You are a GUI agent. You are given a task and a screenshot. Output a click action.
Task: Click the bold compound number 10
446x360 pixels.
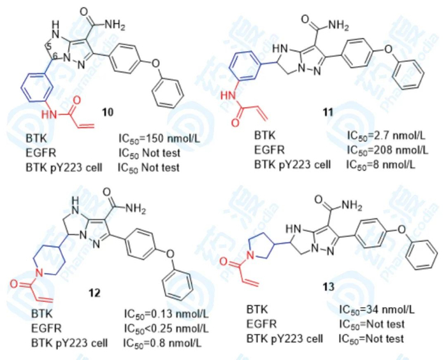[108, 113]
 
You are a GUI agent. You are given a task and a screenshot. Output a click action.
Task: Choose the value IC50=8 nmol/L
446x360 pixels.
[380, 165]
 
